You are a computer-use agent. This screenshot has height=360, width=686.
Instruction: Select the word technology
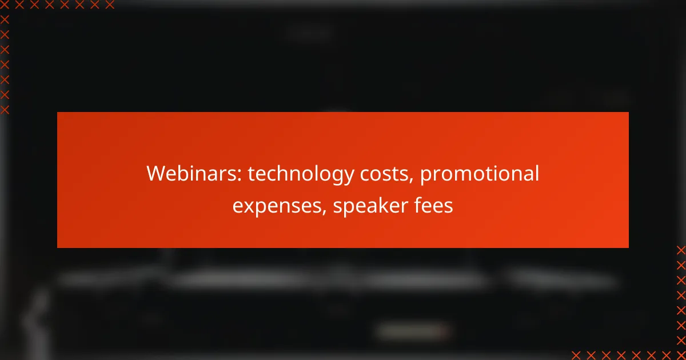(301, 175)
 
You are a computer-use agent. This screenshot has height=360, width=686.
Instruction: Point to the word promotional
(479, 175)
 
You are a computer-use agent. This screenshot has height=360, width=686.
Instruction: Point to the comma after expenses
(324, 212)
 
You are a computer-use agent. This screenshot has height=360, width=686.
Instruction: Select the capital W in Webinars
(157, 173)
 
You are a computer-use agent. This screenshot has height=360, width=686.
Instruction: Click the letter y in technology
(348, 177)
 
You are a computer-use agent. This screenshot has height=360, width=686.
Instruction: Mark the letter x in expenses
(251, 207)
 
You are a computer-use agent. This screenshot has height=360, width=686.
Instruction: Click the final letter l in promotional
(537, 173)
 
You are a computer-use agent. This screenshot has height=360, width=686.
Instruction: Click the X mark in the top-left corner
(5, 5)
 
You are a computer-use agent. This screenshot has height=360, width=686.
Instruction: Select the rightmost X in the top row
(110, 5)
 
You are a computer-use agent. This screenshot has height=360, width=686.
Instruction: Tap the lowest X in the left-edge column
(5, 110)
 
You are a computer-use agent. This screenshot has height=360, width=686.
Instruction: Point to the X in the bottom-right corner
(681, 355)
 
